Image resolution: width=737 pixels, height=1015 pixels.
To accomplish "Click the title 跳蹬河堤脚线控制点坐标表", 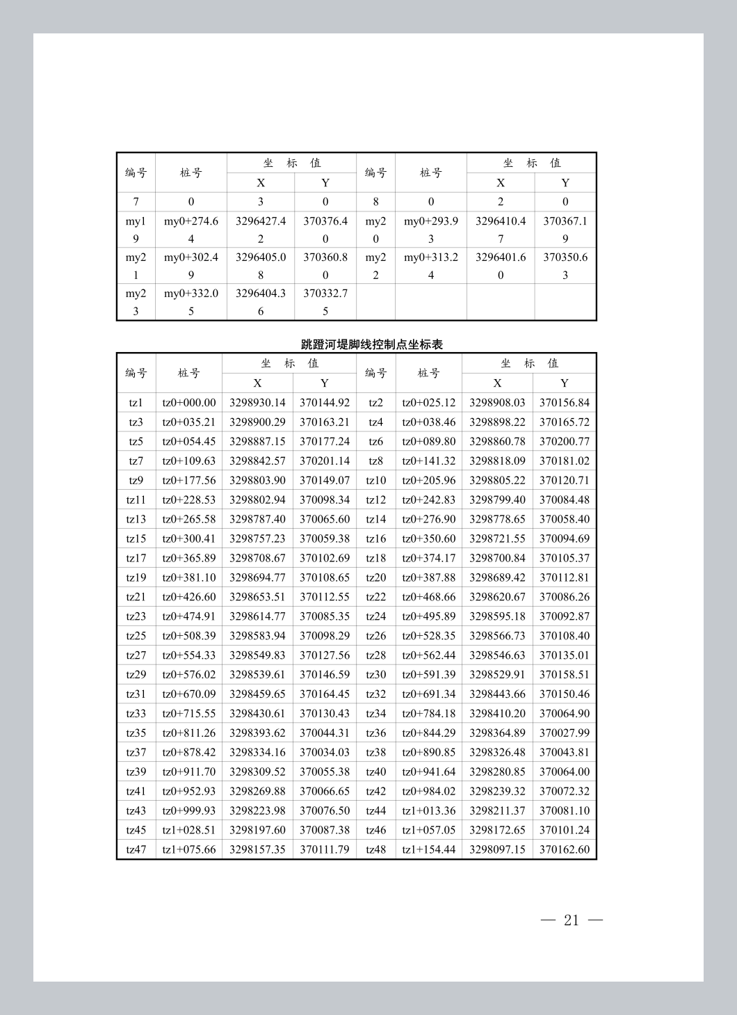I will [372, 344].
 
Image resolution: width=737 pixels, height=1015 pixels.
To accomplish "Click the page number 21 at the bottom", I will [572, 920].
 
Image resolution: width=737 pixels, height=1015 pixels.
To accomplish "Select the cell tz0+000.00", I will [189, 403].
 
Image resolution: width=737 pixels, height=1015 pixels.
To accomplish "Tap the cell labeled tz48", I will [375, 849].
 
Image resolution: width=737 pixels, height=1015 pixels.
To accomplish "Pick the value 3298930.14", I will [257, 403].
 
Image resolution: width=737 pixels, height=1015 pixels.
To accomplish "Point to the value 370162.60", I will [564, 849].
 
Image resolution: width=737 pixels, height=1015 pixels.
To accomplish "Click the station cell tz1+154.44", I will [429, 849].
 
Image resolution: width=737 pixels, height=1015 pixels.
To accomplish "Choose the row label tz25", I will [136, 636].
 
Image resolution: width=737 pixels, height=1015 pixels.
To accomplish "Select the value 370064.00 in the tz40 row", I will [564, 772].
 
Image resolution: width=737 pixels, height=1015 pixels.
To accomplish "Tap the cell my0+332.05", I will [191, 302].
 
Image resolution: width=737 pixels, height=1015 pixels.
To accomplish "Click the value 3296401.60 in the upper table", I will [501, 266].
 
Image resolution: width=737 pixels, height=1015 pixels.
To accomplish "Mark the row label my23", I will [136, 302].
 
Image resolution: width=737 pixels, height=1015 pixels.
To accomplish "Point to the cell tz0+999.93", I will [189, 810].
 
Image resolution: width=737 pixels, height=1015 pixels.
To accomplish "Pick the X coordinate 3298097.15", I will [497, 849].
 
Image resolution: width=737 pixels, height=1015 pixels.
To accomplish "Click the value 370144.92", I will [325, 403].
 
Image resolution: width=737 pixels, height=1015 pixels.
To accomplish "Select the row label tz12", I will [375, 499].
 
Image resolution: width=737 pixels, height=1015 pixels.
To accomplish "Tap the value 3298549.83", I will [257, 655].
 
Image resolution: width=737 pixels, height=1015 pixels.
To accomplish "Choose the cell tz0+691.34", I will [429, 694].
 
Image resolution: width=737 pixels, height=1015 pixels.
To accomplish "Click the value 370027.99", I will [564, 733].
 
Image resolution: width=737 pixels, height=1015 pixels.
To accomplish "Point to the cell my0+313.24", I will [431, 266].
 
